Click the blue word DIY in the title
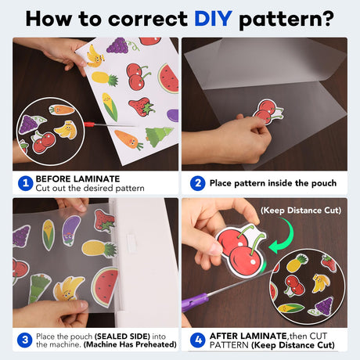(x=213, y=19)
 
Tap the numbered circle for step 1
(x=25, y=183)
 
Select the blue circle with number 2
(x=198, y=183)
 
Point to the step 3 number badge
(x=25, y=340)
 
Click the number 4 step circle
(x=198, y=340)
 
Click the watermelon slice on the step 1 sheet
(x=168, y=78)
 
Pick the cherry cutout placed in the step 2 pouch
(x=268, y=112)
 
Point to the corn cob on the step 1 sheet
(x=110, y=106)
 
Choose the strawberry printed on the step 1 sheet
(x=142, y=106)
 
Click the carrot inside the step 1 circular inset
(x=62, y=110)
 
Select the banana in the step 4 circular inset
(x=321, y=283)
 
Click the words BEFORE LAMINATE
(x=77, y=179)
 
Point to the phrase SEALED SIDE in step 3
(x=122, y=337)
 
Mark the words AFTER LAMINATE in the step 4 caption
(x=248, y=336)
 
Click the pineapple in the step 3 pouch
(x=99, y=248)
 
